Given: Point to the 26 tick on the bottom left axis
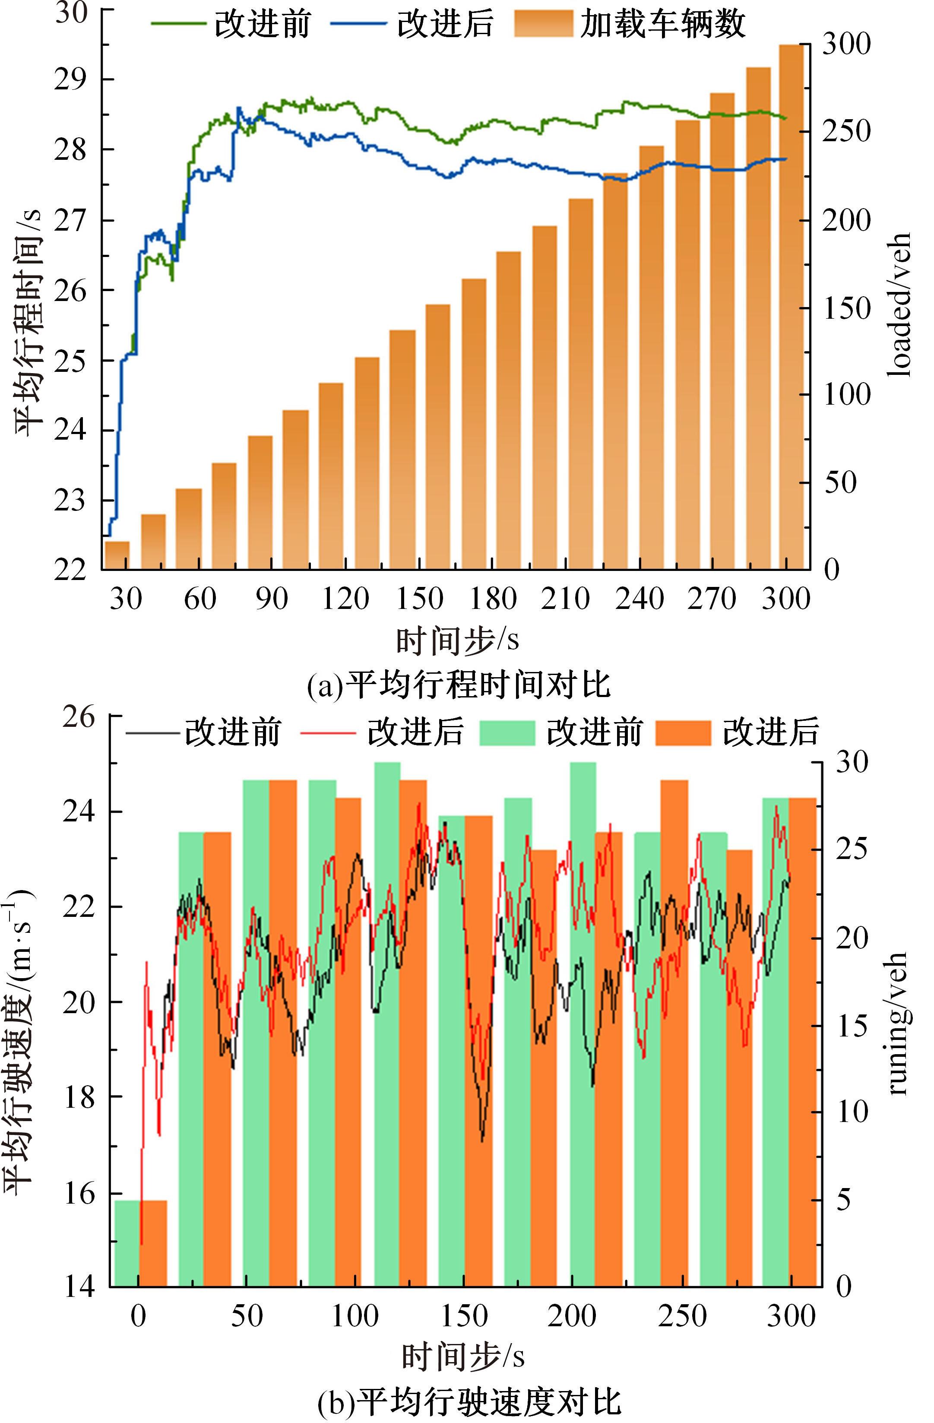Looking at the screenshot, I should coord(78,717).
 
